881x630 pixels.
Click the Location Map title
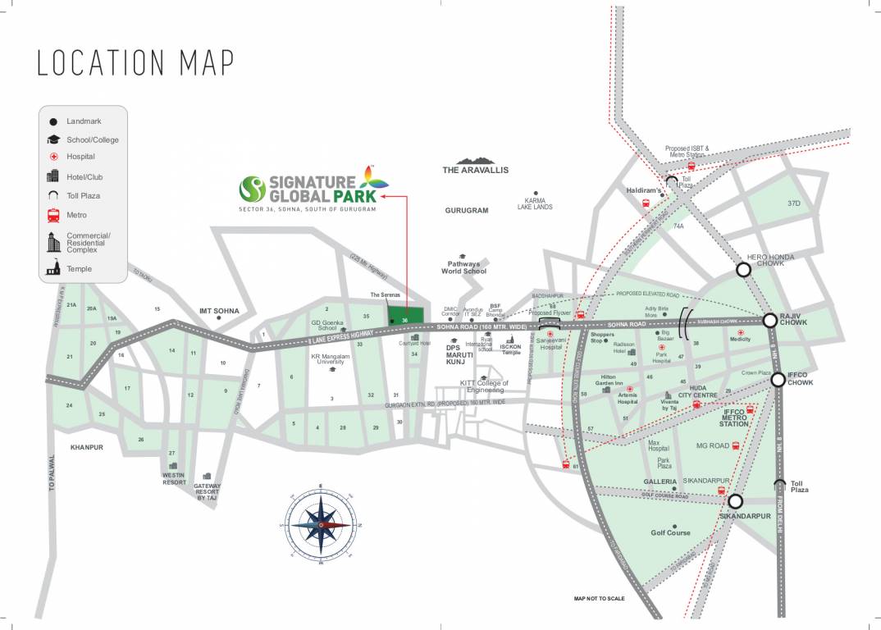point(135,63)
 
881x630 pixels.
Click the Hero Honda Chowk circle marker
point(743,269)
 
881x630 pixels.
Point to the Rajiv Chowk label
point(794,319)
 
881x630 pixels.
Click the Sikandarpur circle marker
point(735,500)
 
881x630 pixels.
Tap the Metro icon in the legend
point(54,215)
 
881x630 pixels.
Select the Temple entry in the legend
point(79,268)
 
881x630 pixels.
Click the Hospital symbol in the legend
point(54,157)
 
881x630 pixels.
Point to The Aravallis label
point(476,170)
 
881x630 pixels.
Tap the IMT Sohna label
point(219,312)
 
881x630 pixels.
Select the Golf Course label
point(670,532)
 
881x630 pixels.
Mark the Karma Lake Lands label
point(535,203)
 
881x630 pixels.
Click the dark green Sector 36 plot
point(407,317)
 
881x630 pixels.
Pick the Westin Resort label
point(174,479)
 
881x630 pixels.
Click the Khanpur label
point(87,448)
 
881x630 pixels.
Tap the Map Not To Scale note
point(599,599)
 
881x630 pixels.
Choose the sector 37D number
point(793,203)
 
